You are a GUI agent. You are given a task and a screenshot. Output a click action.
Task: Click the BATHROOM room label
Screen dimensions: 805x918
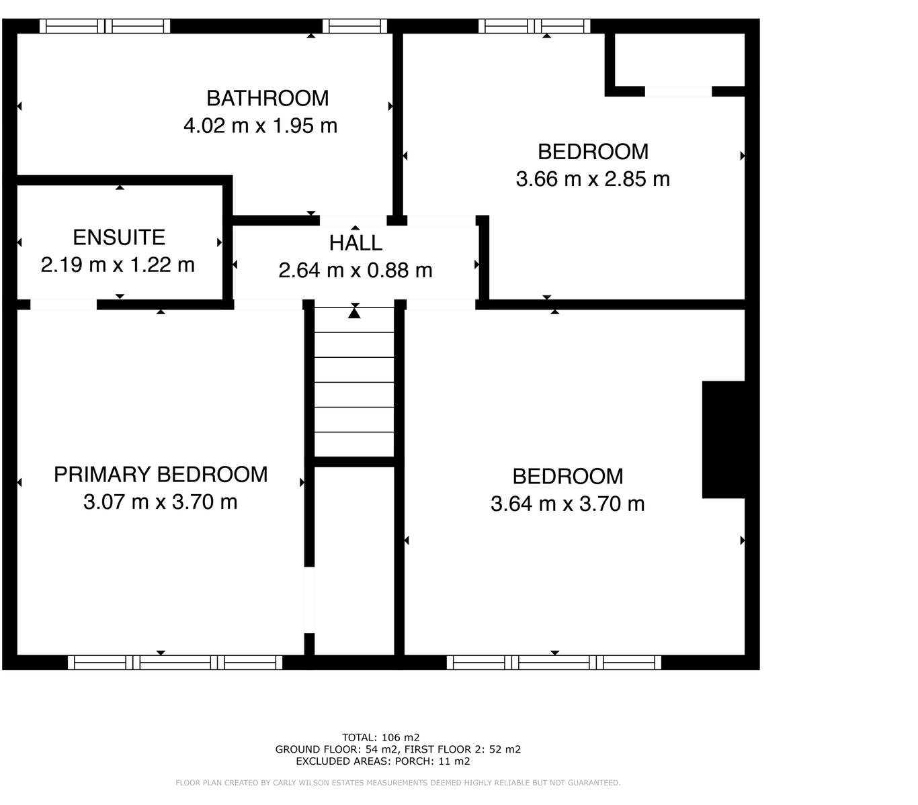point(267,98)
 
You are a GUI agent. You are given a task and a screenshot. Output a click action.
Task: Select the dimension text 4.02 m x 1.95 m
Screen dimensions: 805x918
point(260,126)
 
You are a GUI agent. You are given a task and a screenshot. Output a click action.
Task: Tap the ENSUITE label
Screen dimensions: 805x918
point(119,237)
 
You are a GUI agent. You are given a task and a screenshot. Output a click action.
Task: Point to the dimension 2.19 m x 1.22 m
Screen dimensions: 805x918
point(118,265)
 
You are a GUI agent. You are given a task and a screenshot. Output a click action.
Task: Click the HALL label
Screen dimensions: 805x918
point(356,242)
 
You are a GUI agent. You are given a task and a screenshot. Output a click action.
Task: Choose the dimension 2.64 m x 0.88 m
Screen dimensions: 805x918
point(356,270)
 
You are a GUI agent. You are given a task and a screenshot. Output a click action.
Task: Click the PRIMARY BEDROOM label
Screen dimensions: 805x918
point(161,475)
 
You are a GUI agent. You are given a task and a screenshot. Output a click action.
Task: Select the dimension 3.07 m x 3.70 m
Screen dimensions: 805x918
point(161,502)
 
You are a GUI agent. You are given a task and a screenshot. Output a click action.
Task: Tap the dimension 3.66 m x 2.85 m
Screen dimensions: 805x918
point(593,179)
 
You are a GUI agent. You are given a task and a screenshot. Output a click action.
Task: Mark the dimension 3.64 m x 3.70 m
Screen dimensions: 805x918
point(568,504)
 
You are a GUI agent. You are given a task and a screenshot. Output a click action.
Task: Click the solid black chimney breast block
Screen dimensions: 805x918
point(723,440)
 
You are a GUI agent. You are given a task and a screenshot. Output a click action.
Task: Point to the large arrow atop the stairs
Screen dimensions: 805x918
point(354,311)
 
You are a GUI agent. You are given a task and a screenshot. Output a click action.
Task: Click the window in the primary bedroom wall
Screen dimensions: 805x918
point(175,663)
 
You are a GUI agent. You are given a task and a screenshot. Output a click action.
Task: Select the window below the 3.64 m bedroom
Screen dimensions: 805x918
point(554,663)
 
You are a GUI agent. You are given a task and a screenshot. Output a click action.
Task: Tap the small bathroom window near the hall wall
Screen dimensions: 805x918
point(354,26)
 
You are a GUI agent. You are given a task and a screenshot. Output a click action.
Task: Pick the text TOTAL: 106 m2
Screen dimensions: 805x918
point(381,737)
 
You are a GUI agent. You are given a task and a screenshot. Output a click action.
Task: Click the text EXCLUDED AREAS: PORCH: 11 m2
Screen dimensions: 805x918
point(383,761)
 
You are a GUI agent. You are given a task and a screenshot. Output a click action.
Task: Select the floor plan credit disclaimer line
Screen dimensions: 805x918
point(398,783)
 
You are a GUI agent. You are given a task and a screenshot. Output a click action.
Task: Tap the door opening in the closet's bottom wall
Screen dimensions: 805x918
point(678,91)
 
